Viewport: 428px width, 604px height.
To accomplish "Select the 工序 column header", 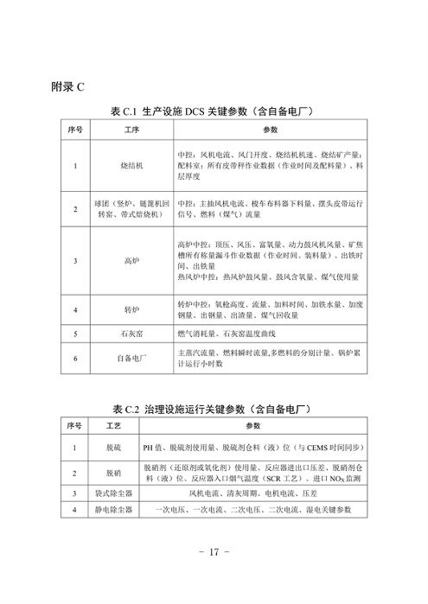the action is coord(131,130).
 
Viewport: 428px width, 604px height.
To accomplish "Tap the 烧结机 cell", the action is coord(131,164).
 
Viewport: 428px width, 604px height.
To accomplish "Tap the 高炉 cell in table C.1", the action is coord(131,259).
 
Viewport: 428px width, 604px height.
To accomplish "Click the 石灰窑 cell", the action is coord(131,333).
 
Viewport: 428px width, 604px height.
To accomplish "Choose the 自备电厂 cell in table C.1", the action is coord(131,358).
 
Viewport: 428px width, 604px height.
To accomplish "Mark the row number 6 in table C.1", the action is coord(76,358).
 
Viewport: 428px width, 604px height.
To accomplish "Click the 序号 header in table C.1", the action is coord(76,130).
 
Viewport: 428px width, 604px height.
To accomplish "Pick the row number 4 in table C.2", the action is coord(74,510).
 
